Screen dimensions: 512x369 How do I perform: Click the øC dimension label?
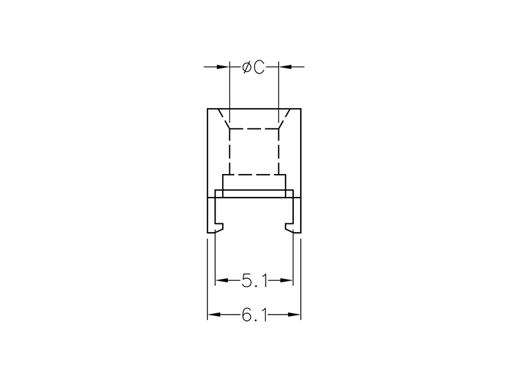pos(253,68)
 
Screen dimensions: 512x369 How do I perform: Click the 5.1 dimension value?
pos(254,281)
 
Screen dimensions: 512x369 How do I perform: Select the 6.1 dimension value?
pos(254,315)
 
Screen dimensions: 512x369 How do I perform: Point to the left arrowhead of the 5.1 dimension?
pos(221,280)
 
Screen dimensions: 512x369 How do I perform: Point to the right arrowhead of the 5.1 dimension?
pos(286,280)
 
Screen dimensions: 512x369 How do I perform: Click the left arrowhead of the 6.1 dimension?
pos(214,315)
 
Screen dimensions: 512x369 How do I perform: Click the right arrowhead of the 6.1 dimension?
pos(294,315)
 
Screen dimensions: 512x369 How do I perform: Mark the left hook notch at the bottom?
pos(219,227)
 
